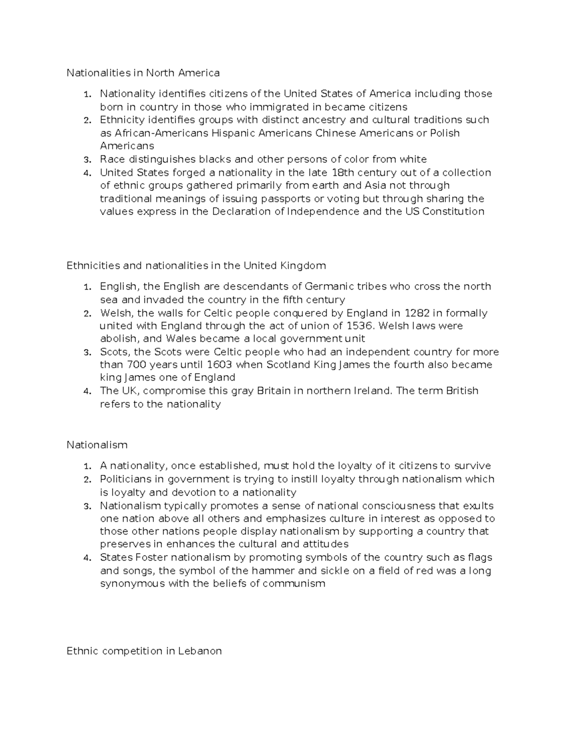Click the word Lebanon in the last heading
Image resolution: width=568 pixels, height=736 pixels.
click(200, 651)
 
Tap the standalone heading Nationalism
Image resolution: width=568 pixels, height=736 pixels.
click(97, 445)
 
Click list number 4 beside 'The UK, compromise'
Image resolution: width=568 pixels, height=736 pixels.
click(87, 391)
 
